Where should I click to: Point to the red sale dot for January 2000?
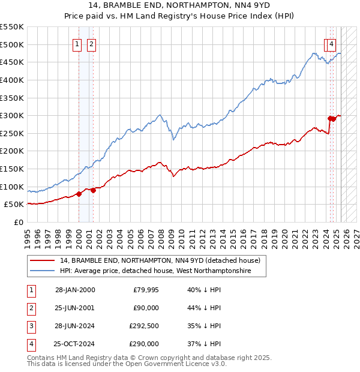point(79,194)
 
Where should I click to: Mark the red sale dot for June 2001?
point(94,190)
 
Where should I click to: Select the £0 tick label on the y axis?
point(19,222)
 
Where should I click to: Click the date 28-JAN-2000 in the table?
point(75,290)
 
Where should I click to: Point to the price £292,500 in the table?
point(144,326)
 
